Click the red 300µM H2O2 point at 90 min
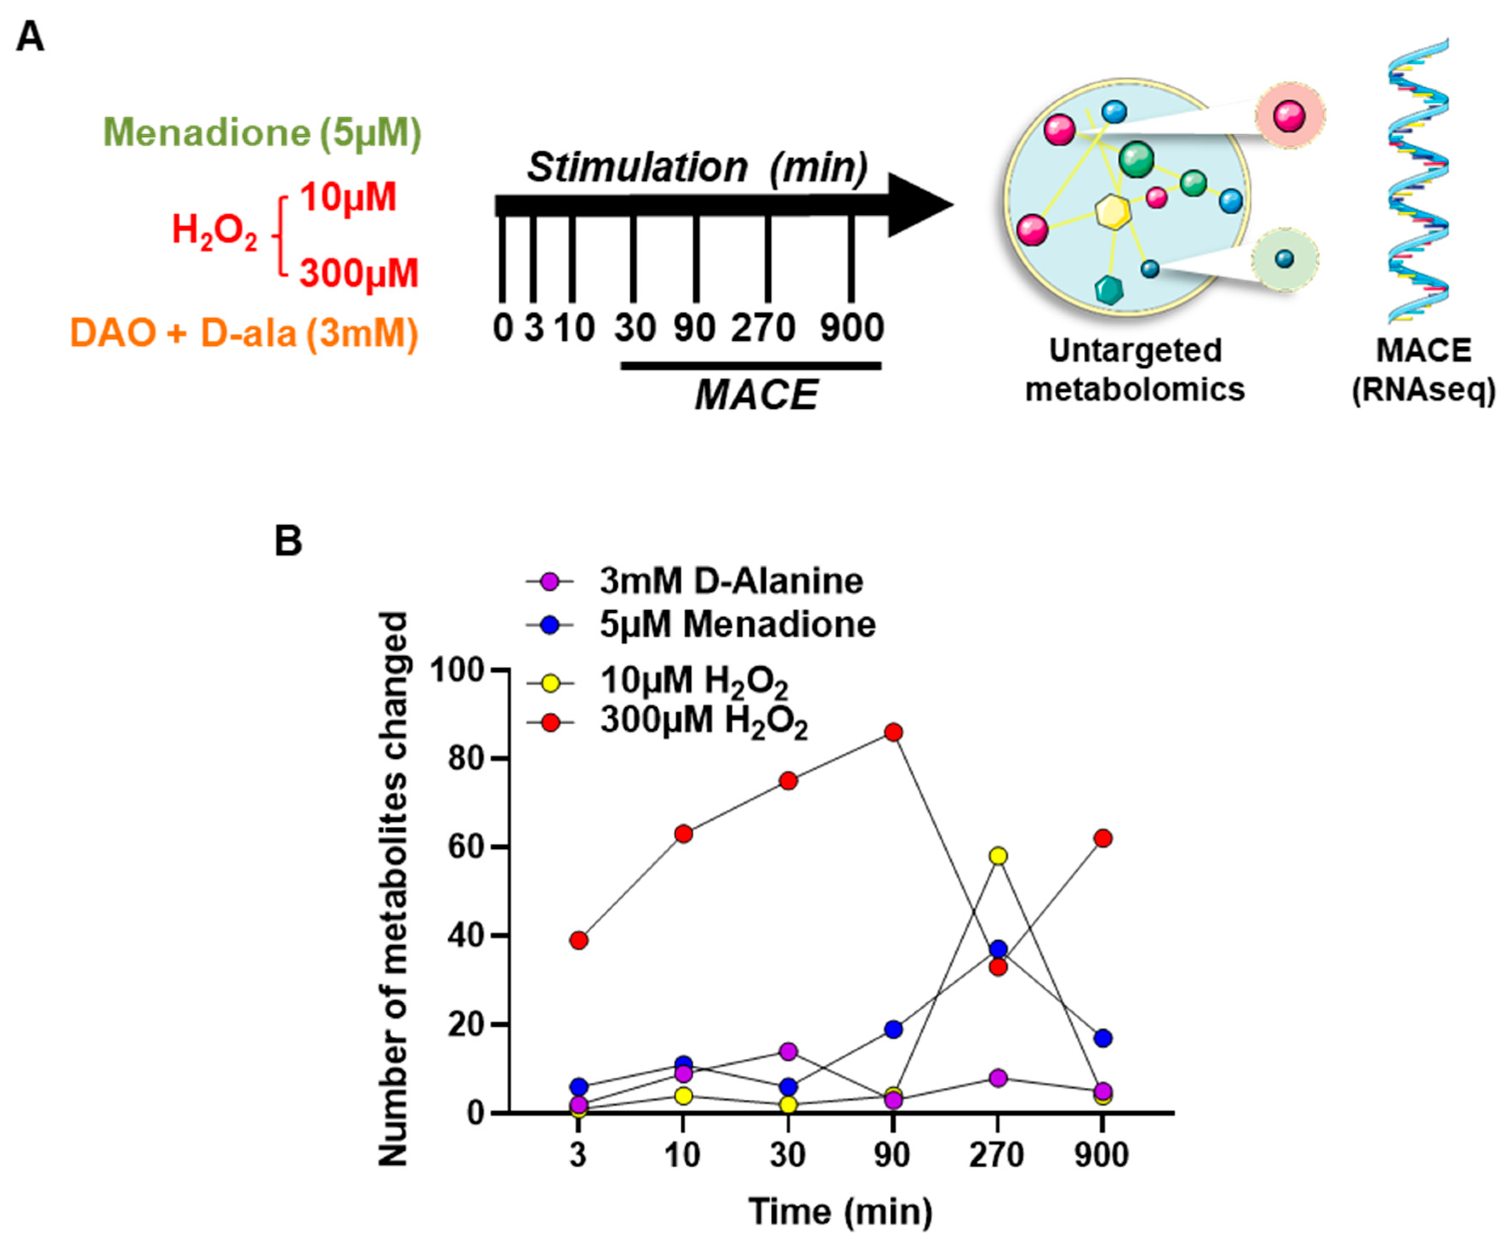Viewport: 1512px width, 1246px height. tap(893, 732)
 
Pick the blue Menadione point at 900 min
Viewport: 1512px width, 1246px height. tap(1103, 1038)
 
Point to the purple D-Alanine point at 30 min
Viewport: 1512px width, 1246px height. tap(788, 1052)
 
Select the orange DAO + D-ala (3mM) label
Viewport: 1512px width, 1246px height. tap(244, 333)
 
